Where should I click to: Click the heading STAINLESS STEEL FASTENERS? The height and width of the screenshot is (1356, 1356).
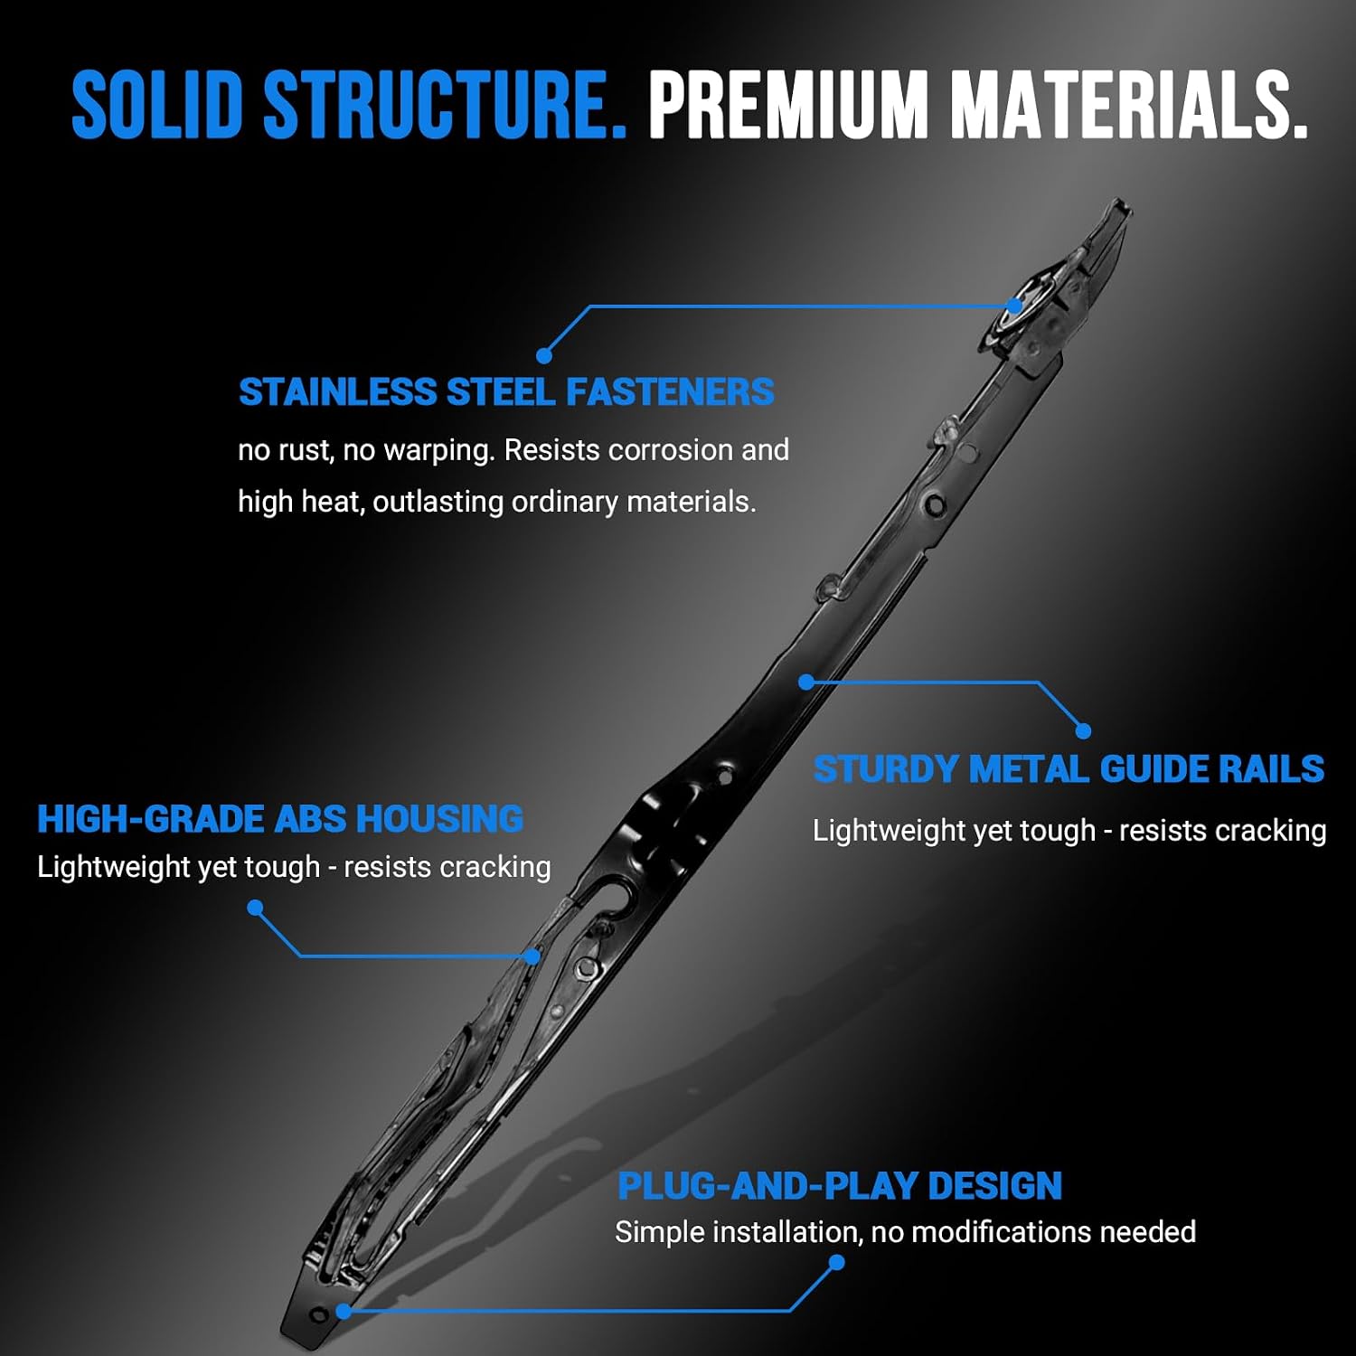[x=506, y=392]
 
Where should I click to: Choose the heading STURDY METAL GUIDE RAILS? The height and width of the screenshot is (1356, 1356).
[x=1069, y=769]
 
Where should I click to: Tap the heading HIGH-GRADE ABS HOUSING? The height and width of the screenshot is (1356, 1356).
[x=280, y=819]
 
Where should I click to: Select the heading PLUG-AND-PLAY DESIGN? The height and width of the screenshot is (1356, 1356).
[x=840, y=1186]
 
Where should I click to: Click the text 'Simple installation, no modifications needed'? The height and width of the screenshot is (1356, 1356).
[x=905, y=1232]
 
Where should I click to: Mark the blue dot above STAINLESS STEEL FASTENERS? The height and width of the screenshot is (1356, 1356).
[x=544, y=355]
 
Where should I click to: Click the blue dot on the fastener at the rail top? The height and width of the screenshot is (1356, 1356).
[x=1015, y=306]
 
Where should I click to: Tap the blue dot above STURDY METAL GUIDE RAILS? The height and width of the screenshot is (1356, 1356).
[x=1083, y=730]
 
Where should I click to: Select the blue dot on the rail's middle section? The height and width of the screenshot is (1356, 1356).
[x=806, y=682]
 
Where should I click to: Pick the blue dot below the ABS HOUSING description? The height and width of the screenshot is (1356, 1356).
[x=255, y=907]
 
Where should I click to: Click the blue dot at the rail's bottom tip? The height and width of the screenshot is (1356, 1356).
[x=344, y=1310]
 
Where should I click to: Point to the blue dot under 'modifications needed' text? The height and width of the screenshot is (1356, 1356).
[x=837, y=1262]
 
